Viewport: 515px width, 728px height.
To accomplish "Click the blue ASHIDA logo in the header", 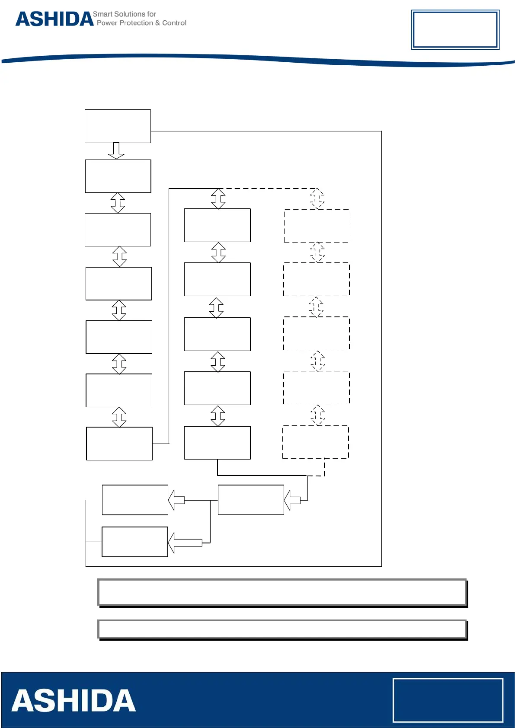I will pos(54,19).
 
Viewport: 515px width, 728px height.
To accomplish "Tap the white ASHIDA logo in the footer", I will pos(74,701).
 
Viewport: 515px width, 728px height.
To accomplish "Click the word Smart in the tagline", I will pos(102,14).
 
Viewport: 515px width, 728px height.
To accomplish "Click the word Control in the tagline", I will pos(174,23).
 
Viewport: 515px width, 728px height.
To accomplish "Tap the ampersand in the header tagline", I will pos(157,23).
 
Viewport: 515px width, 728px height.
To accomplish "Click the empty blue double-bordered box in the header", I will pos(455,29).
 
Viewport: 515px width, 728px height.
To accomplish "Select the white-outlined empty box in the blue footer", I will pos(448,700).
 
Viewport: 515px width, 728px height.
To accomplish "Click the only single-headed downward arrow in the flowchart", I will pos(116,150).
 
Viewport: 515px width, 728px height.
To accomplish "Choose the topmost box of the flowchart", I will pos(118,126).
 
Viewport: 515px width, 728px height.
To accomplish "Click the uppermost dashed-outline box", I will pos(317,226).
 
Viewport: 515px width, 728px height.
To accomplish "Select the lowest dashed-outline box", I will pos(316,442).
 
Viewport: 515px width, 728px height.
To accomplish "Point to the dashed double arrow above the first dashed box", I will pos(317,198).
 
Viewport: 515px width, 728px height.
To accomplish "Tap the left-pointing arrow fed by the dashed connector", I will pos(292,500).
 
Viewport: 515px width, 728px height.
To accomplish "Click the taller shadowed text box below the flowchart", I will pos(282,592).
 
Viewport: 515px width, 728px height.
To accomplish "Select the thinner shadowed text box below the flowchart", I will pos(282,629).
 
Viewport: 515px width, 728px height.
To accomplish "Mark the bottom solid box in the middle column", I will pos(217,443).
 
